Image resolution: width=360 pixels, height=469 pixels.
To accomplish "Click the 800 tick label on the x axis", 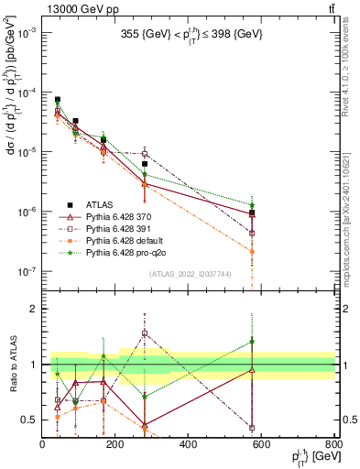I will pyautogui.click(x=333, y=444).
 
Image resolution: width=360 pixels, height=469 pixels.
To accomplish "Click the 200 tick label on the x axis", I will pyautogui.click(x=115, y=444).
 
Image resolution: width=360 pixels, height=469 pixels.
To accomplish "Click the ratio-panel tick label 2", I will pyautogui.click(x=34, y=310).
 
